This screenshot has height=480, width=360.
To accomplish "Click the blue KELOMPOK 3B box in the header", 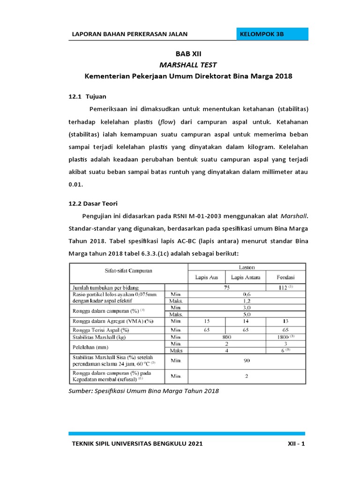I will (272, 35).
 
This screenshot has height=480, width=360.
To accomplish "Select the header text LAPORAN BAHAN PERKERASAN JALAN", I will (129, 35).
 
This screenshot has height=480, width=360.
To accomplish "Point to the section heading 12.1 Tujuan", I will (88, 97).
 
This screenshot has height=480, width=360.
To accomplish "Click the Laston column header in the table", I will (247, 266).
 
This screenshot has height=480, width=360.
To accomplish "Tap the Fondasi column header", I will (286, 277).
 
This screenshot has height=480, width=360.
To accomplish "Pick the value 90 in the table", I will (247, 361).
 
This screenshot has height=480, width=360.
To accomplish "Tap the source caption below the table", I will (144, 390).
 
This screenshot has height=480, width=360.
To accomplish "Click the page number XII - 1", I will (296, 444).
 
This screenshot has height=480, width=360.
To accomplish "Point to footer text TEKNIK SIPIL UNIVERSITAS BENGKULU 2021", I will (137, 444).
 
